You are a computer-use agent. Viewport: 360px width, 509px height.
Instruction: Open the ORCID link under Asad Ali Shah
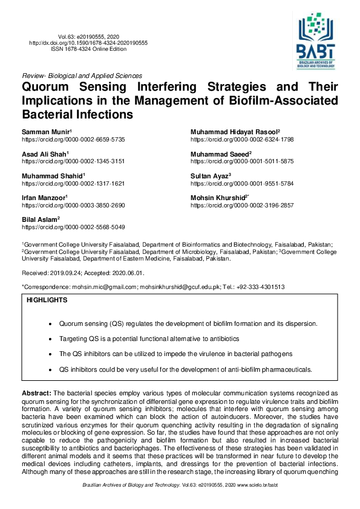[73, 161]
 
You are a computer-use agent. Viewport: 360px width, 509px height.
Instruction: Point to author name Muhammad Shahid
[52, 176]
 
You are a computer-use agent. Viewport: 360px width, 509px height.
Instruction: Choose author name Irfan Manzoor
[44, 198]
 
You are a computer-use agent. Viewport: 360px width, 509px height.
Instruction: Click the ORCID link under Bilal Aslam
[73, 227]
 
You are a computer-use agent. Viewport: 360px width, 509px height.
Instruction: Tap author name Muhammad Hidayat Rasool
[234, 131]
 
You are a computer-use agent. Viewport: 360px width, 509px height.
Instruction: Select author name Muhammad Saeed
[220, 154]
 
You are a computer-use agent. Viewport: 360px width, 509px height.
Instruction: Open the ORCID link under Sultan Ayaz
[242, 183]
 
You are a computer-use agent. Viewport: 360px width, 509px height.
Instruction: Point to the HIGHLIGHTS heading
[47, 300]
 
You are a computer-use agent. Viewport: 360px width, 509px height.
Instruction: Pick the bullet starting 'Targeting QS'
[149, 339]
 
